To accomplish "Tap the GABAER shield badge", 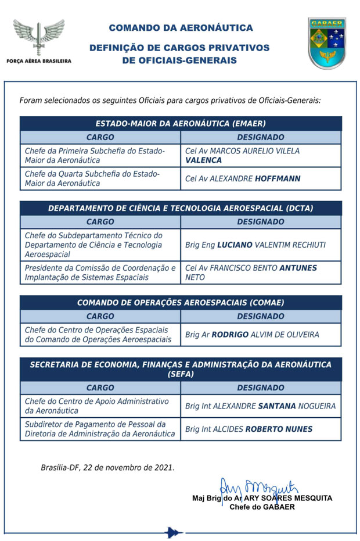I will click(327, 43).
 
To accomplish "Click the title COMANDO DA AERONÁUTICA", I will click(181, 27).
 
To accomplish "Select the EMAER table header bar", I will click(181, 124).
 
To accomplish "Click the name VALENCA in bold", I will click(203, 160).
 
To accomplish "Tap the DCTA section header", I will click(181, 208).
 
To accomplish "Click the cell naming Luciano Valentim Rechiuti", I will click(255, 245).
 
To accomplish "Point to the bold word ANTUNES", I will click(299, 268).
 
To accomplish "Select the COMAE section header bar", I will click(181, 303).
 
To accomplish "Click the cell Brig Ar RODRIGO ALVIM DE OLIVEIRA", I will click(252, 334).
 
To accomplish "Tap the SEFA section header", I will click(181, 369).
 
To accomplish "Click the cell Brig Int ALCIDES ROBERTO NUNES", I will click(249, 429).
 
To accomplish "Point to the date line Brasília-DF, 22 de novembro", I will click(107, 467).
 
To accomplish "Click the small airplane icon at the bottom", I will click(173, 532).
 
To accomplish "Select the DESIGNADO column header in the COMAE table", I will click(261, 316).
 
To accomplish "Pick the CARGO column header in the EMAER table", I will click(100, 138).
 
